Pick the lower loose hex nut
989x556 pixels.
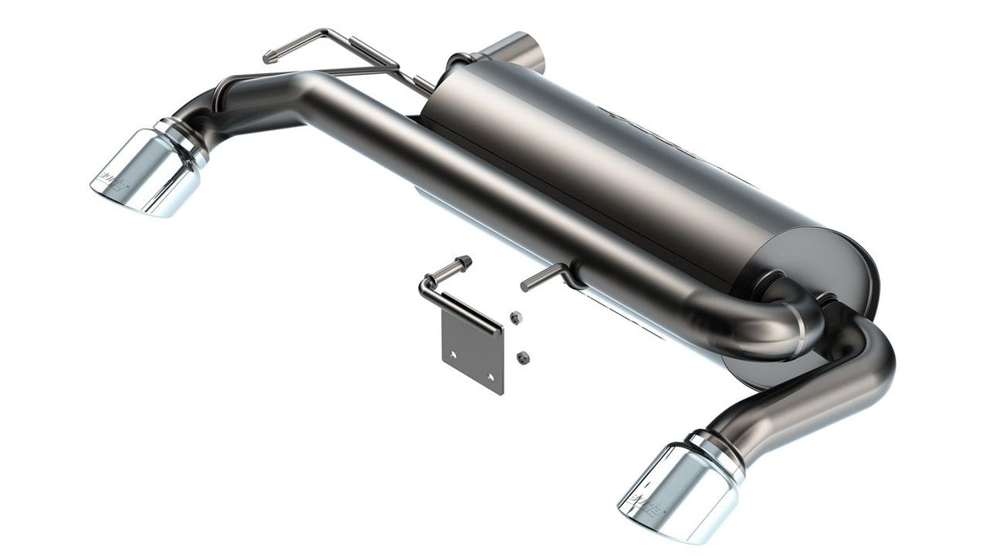click(524, 356)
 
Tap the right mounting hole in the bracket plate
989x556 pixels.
click(490, 377)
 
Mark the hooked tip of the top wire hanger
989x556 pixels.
click(268, 57)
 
